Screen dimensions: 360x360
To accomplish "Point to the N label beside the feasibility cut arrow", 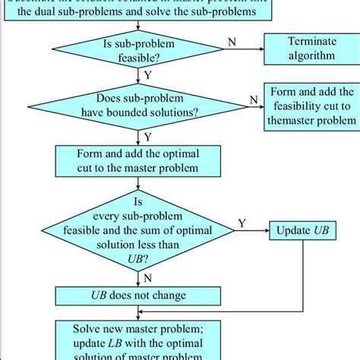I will pyautogui.click(x=254, y=99).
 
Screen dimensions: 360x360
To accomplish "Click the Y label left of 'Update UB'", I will pyautogui.click(x=242, y=223).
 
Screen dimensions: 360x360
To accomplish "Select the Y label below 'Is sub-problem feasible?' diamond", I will pyautogui.click(x=146, y=76).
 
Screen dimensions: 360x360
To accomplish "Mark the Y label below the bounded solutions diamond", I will pyautogui.click(x=146, y=137).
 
